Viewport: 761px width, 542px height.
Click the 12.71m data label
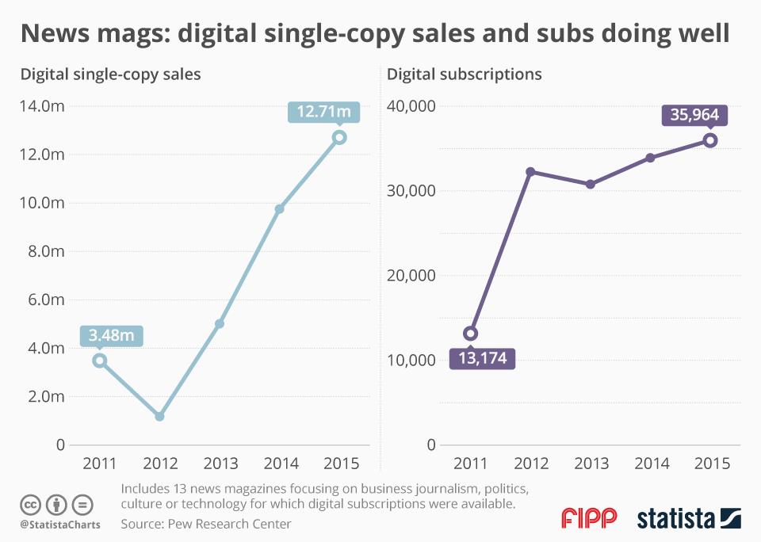point(323,112)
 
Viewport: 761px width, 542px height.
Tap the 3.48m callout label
point(112,335)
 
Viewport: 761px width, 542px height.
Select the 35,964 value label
point(694,115)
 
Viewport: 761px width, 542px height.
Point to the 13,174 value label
point(482,359)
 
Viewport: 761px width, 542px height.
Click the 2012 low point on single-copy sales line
point(159,416)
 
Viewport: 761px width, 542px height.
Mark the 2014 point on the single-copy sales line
point(279,209)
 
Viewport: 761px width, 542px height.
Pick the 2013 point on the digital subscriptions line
point(591,184)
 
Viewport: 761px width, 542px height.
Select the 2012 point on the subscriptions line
point(530,171)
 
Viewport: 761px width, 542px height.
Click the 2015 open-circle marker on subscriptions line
point(710,140)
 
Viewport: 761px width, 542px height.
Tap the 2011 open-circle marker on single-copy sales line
point(99,361)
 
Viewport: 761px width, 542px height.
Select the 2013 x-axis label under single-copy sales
point(220,464)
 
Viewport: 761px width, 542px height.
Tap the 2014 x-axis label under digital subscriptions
point(650,464)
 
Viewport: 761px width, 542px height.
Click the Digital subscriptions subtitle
point(465,74)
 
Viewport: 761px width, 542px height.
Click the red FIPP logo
point(588,518)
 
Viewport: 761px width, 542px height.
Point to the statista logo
point(689,519)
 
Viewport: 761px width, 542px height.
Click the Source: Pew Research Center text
point(206,524)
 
